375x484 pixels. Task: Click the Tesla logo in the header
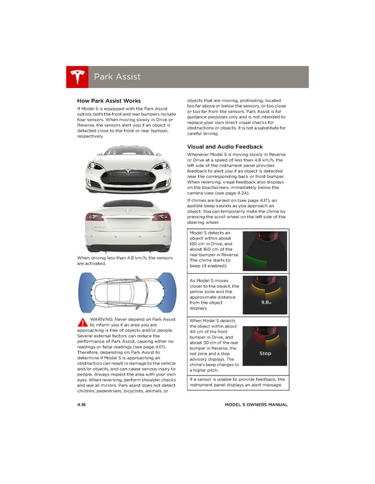click(77, 77)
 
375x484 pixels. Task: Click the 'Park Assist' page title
click(117, 77)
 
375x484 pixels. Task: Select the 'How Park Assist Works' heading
click(108, 101)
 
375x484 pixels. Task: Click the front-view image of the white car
click(127, 169)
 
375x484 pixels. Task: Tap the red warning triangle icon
click(82, 322)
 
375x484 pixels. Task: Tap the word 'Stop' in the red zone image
click(265, 354)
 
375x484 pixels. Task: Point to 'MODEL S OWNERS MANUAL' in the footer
click(256, 405)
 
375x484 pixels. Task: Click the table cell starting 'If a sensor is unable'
click(236, 382)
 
